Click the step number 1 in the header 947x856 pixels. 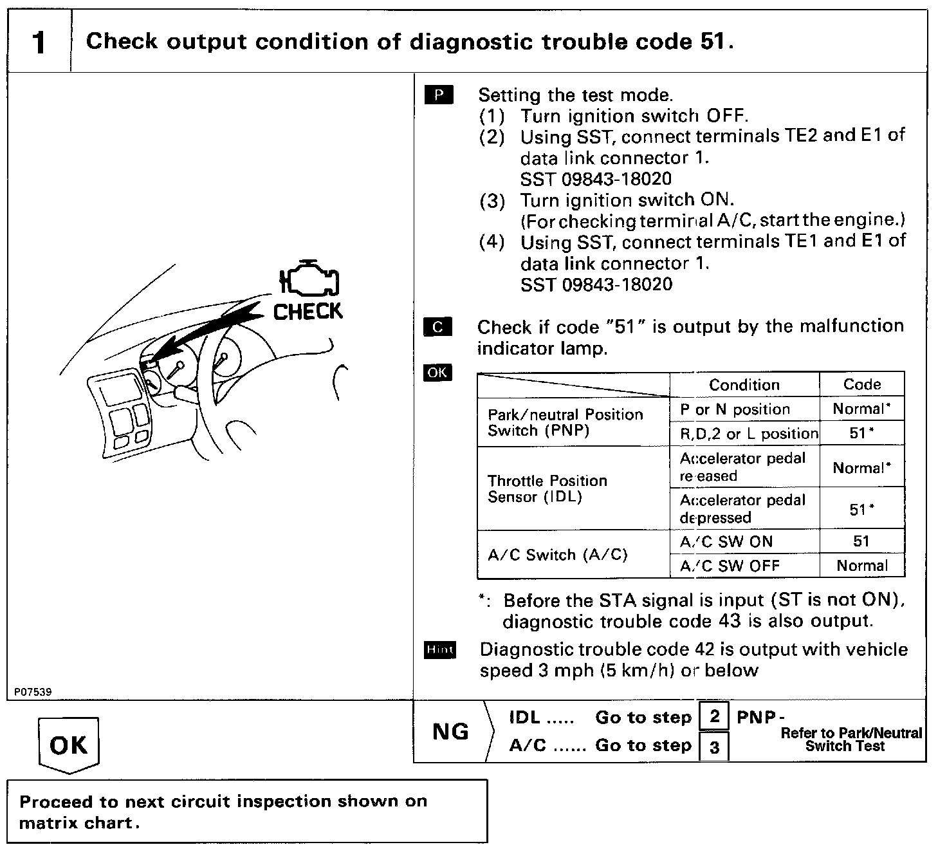39,42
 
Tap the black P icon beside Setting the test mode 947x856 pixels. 439,95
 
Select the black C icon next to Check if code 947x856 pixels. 437,327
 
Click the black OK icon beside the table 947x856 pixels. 437,373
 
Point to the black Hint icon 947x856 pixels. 440,650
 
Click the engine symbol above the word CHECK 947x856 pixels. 309,280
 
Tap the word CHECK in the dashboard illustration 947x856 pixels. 308,312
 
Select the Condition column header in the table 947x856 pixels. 744,385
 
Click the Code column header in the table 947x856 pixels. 861,384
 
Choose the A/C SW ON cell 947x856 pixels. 726,542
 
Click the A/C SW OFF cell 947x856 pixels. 730,566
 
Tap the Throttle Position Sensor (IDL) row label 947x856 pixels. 547,489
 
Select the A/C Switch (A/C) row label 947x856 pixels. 557,555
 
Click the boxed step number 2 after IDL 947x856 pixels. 714,716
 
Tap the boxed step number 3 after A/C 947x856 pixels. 714,747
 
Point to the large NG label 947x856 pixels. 450,732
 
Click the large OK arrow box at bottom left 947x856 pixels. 68,745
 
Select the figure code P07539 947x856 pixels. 32,692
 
